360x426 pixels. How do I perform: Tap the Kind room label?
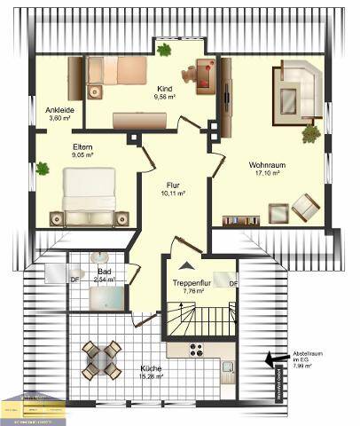(x=164, y=89)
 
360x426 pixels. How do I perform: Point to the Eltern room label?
(x=83, y=146)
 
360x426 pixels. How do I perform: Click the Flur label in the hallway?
(x=173, y=185)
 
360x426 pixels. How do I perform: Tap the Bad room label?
(x=104, y=272)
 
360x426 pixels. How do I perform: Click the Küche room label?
(x=152, y=367)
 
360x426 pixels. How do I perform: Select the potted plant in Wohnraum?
(x=310, y=134)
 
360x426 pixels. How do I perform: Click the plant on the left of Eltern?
(x=42, y=167)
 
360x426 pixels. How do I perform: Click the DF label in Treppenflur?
(x=233, y=284)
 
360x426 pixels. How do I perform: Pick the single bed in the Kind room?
(x=121, y=70)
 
